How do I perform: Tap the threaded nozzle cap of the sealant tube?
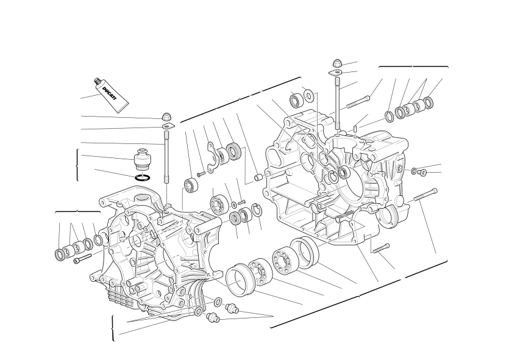click(x=96, y=81)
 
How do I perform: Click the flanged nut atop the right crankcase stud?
click(x=337, y=63)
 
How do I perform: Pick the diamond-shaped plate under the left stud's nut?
click(x=168, y=126)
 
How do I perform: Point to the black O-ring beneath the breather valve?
click(x=143, y=178)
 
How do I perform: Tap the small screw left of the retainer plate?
click(x=201, y=175)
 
